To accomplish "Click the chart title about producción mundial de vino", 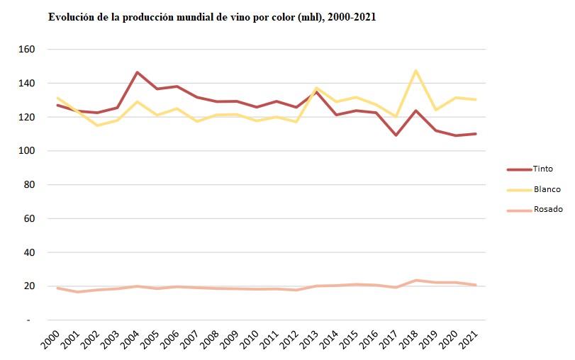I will pyautogui.click(x=211, y=17).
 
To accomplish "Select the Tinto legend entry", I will pyautogui.click(x=542, y=169).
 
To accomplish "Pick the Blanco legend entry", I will pyautogui.click(x=546, y=189).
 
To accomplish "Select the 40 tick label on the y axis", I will pyautogui.click(x=29, y=252).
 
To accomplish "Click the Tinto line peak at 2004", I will pyautogui.click(x=137, y=72).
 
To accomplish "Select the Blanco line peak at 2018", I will pyautogui.click(x=415, y=70).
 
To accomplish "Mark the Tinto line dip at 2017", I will pyautogui.click(x=396, y=135).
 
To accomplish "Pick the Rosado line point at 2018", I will pyautogui.click(x=415, y=280).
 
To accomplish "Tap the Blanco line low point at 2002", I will pyautogui.click(x=97, y=125).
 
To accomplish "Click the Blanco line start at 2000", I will pyautogui.click(x=57, y=98).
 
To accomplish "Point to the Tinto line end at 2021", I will pyautogui.click(x=475, y=134).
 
